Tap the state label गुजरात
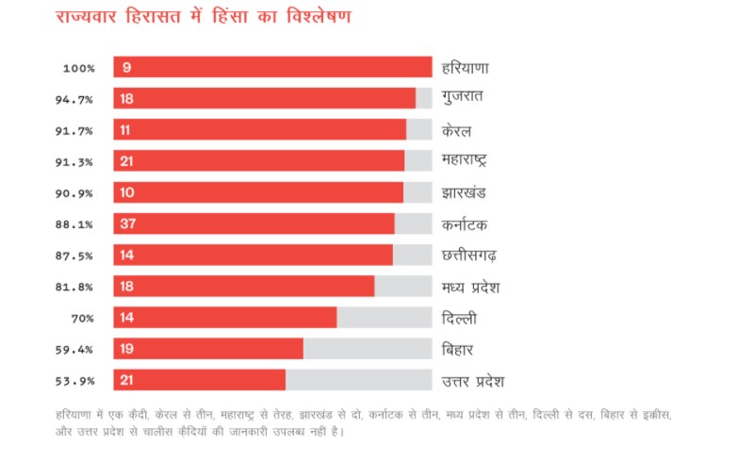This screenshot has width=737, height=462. pos(463,98)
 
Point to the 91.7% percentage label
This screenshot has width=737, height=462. pos(78,130)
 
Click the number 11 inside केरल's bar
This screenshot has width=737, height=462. pos(126,130)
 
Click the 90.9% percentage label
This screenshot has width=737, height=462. pos(78,192)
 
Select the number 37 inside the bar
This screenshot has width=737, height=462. pos(127,223)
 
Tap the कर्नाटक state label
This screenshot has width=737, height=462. pos(465,224)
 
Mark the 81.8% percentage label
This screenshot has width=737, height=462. pos(78,287)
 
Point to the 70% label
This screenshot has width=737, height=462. pos(84,318)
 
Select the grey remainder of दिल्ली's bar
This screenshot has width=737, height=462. pos(384,318)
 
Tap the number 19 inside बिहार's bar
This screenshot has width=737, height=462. pos(127,349)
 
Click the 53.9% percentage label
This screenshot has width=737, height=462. pos(78,380)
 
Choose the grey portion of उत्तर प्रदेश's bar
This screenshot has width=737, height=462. pos(358,380)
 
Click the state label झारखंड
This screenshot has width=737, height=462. pos(464,192)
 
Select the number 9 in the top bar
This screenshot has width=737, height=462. pos(125,67)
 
